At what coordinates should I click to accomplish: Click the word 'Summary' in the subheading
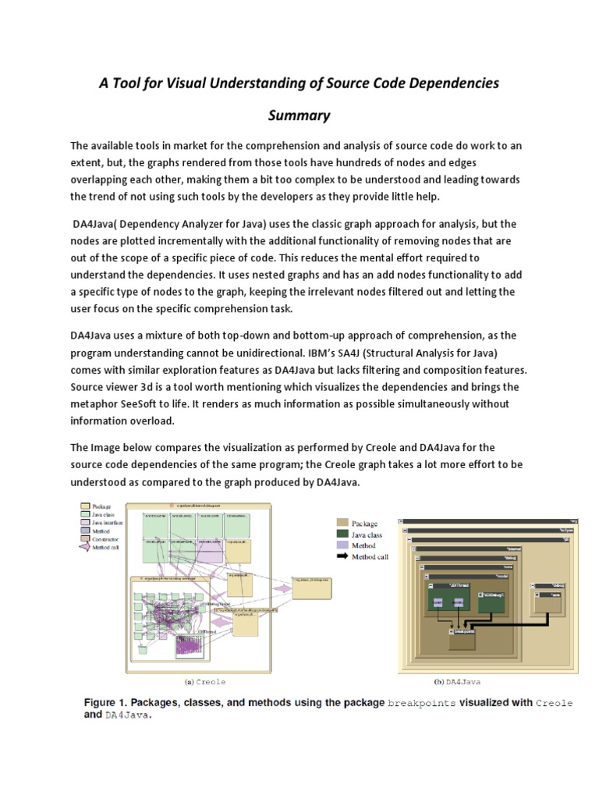click(x=299, y=115)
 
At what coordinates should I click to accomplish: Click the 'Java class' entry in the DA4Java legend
click(x=367, y=534)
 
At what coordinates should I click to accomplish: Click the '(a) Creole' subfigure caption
click(x=205, y=681)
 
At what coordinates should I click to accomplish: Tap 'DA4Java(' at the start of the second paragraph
click(x=101, y=224)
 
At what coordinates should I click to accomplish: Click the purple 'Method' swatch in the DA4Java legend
click(x=342, y=546)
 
